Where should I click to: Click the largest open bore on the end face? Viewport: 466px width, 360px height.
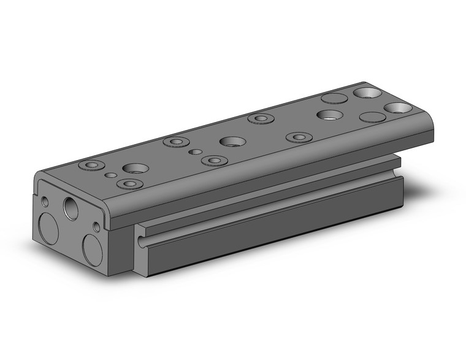pyautogui.click(x=71, y=208)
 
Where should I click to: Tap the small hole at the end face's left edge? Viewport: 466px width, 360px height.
pyautogui.click(x=45, y=201)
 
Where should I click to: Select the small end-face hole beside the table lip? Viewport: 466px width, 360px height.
pyautogui.click(x=96, y=227)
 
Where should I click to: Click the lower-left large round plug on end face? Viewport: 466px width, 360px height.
pyautogui.click(x=48, y=229)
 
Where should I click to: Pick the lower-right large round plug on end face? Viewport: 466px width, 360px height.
pyautogui.click(x=93, y=250)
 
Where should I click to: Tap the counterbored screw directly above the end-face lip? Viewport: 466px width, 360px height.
pyautogui.click(x=129, y=183)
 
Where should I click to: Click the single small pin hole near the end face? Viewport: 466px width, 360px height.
pyautogui.click(x=110, y=175)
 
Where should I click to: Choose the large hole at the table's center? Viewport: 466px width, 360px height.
pyautogui.click(x=232, y=142)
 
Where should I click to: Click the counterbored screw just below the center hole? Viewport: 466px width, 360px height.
pyautogui.click(x=213, y=161)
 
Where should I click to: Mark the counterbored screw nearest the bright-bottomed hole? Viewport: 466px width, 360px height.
pyautogui.click(x=299, y=137)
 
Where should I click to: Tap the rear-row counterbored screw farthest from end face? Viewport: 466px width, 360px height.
pyautogui.click(x=261, y=118)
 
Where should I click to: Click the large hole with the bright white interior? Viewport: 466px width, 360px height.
pyautogui.click(x=330, y=115)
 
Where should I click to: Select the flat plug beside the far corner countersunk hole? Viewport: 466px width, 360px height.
pyautogui.click(x=334, y=98)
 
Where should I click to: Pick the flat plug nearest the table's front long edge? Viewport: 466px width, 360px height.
pyautogui.click(x=372, y=117)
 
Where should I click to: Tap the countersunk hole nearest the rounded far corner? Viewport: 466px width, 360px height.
pyautogui.click(x=398, y=108)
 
